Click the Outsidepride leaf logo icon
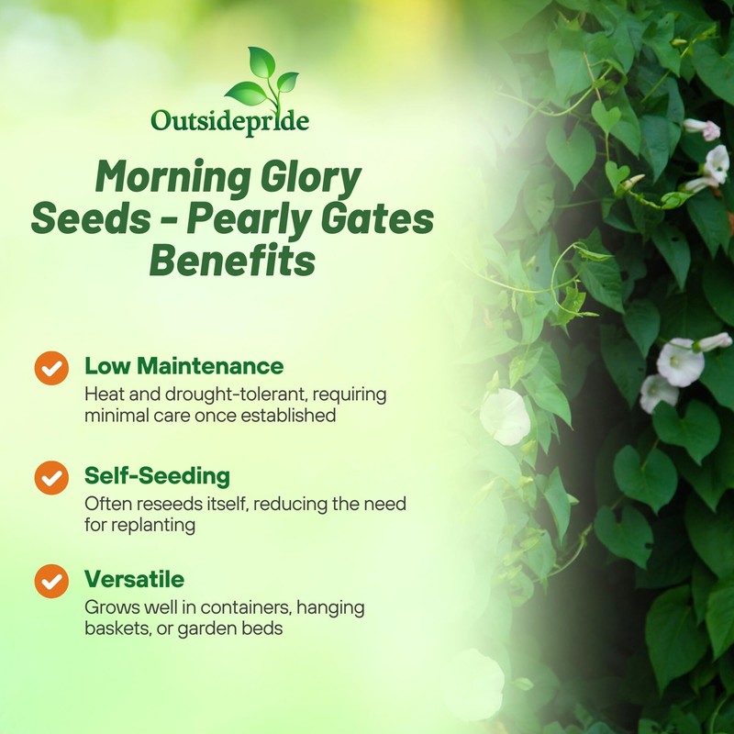(261, 77)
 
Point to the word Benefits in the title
(232, 261)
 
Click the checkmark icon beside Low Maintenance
(51, 368)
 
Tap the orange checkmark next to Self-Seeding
(51, 477)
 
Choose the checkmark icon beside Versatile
(51, 581)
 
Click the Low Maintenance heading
(183, 366)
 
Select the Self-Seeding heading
(157, 476)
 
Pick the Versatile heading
(134, 580)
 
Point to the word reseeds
(165, 504)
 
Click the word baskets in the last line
(117, 629)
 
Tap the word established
(287, 416)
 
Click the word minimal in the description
(116, 416)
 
